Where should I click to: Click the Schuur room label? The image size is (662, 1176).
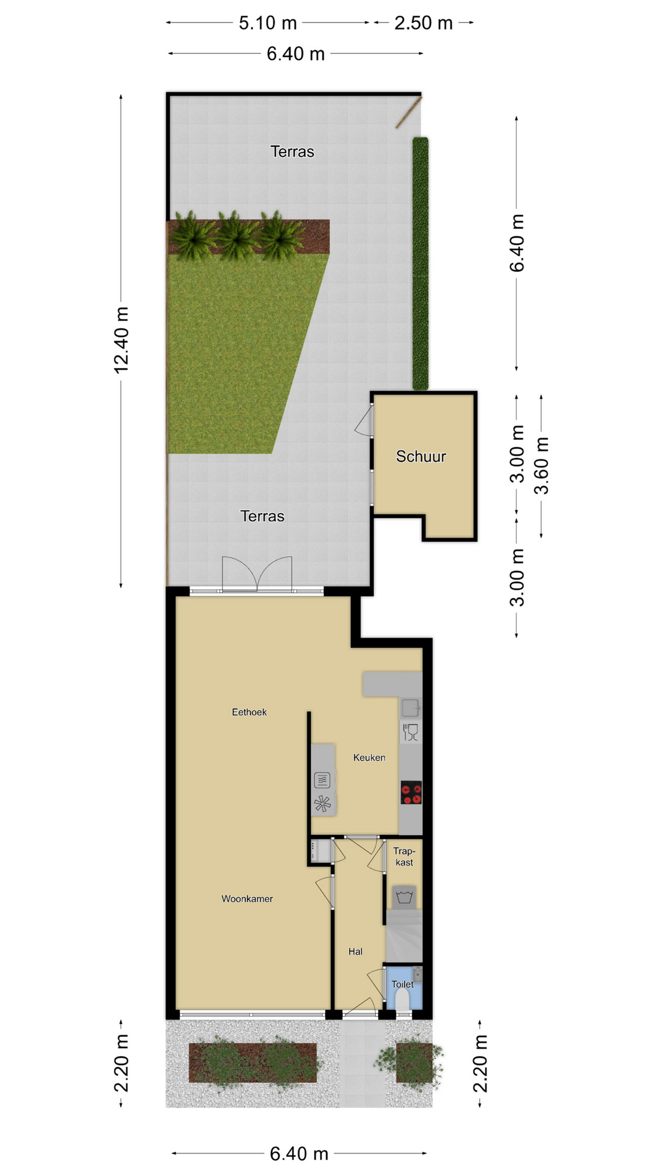coord(420,456)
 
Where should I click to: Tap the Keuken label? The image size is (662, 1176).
coord(369,758)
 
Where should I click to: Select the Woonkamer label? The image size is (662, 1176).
coord(247,899)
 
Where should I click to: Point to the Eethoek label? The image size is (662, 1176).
coord(249,712)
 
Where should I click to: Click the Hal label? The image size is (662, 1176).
coord(356,951)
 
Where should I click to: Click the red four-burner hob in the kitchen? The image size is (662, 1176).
coord(411,792)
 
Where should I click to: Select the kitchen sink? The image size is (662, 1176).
coord(410,708)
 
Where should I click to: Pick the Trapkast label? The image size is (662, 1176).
coord(404,856)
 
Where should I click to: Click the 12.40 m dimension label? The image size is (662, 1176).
coord(121,340)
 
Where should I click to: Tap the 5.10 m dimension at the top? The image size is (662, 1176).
coord(267,23)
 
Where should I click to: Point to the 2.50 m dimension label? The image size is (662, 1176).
coord(424,23)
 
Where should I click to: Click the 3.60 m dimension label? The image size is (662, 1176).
coord(541,466)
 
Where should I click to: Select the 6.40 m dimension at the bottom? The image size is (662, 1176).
coord(299,1154)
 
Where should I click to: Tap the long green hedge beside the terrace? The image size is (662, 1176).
coord(420,263)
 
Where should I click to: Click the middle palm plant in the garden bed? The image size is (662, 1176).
coord(237,236)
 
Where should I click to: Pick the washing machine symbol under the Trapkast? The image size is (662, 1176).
coord(403,897)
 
